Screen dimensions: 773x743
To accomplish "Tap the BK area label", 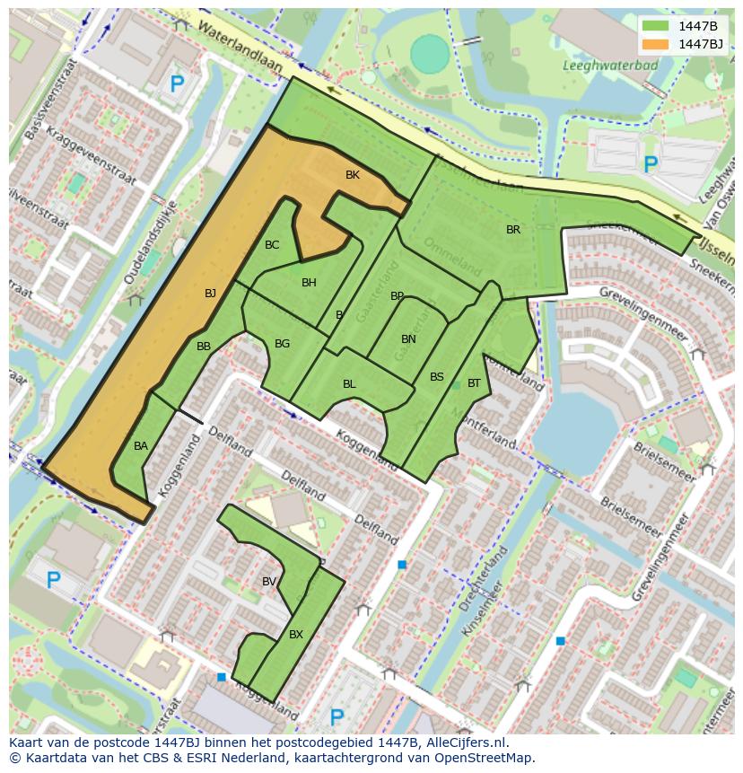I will pyautogui.click(x=353, y=175).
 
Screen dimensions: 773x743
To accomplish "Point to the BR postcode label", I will pyautogui.click(x=513, y=230).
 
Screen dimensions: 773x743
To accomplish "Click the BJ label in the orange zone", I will pyautogui.click(x=210, y=294).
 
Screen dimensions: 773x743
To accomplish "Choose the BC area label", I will pyautogui.click(x=272, y=245).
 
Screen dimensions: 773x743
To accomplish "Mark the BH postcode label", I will pyautogui.click(x=309, y=283).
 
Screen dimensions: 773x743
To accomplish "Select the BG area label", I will pyautogui.click(x=282, y=344).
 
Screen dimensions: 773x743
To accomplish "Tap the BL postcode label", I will pyautogui.click(x=349, y=384).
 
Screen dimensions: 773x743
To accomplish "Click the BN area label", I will pyautogui.click(x=408, y=339).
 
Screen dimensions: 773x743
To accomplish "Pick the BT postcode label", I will pyautogui.click(x=474, y=383).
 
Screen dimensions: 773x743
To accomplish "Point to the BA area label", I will pyautogui.click(x=141, y=446).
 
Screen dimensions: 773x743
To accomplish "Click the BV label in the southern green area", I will pyautogui.click(x=269, y=582).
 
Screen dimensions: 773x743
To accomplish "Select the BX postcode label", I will pyautogui.click(x=296, y=635).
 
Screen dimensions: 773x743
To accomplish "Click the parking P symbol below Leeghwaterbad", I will pyautogui.click(x=651, y=164).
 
